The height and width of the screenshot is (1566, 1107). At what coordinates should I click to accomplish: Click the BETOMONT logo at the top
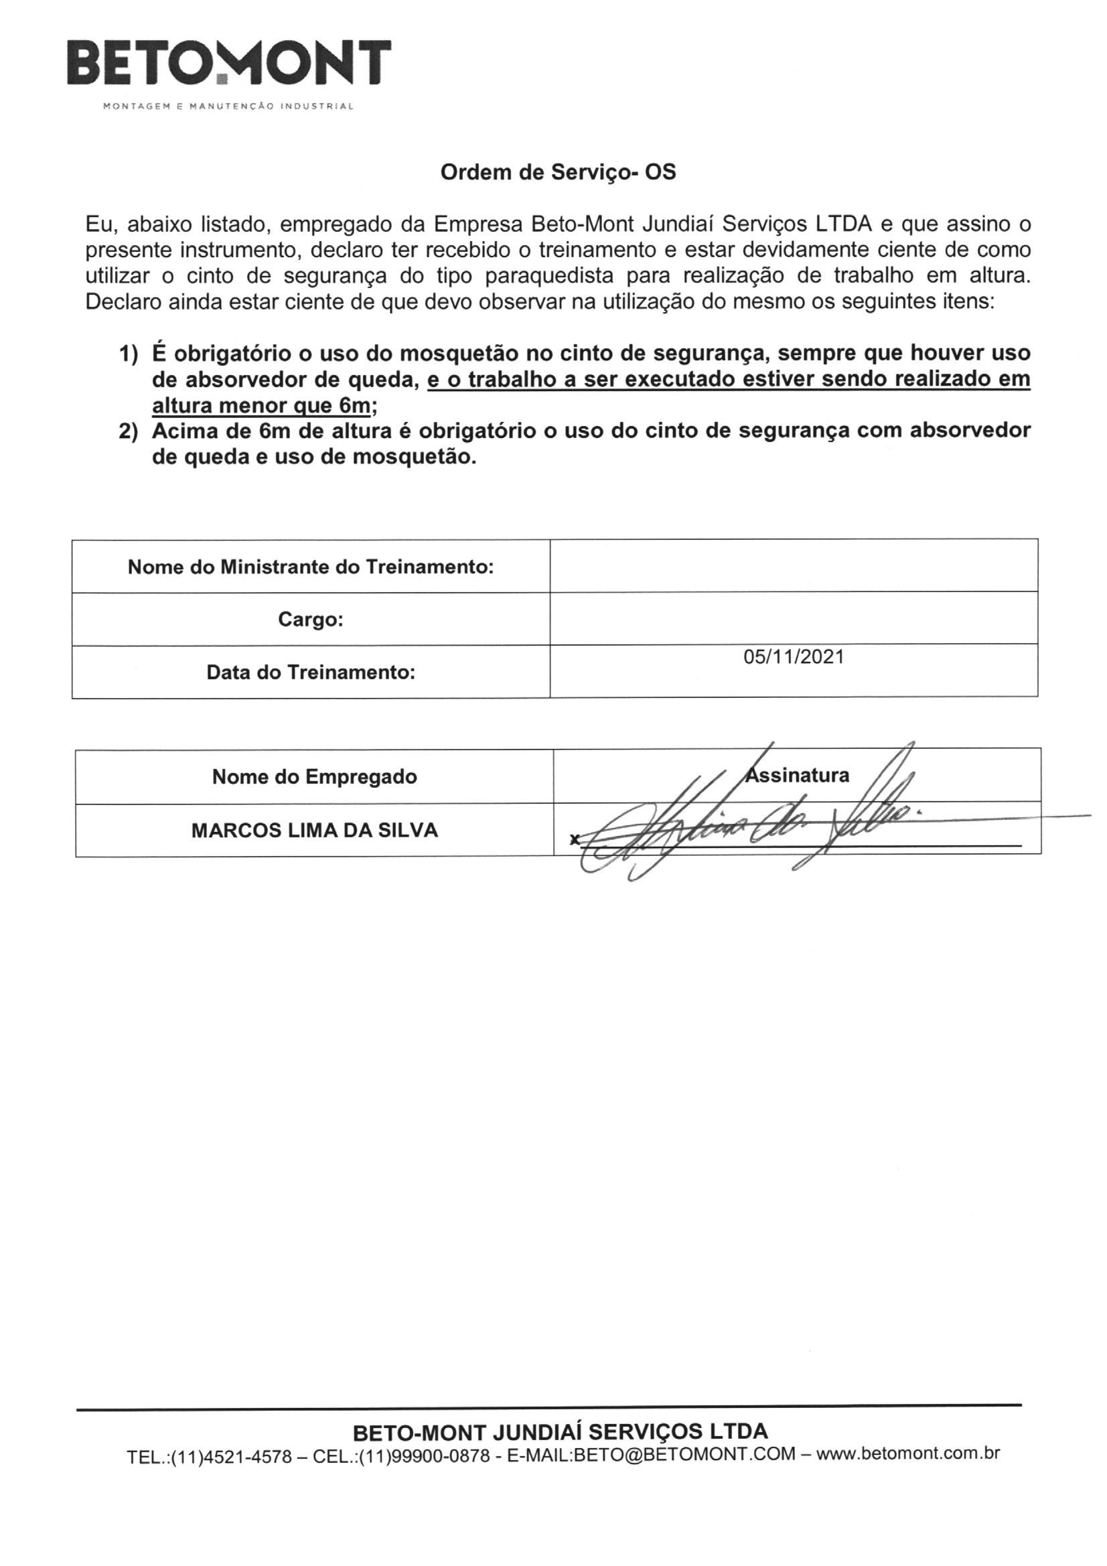tap(228, 63)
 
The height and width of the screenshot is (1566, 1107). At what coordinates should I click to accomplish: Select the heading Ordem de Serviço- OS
tap(558, 173)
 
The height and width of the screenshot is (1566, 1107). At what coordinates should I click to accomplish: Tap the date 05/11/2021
tap(793, 657)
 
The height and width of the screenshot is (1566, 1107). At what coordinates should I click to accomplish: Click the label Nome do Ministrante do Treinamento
tap(310, 567)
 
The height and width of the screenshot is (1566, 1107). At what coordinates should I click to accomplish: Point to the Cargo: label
tap(310, 620)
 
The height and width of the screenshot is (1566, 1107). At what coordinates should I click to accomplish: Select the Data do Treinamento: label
tap(310, 672)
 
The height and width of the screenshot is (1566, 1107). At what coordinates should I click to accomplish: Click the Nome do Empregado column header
tap(315, 776)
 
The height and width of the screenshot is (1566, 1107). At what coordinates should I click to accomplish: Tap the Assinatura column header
tap(798, 776)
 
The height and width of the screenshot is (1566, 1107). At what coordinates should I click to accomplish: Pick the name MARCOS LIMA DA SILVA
tap(315, 830)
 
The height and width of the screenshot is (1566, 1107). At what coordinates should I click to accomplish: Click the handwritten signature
tap(743, 829)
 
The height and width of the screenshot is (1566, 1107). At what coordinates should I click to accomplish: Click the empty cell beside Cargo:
tap(793, 619)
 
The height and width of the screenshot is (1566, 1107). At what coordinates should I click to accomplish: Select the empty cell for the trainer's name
tap(793, 565)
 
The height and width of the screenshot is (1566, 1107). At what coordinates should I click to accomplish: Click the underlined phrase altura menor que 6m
tap(261, 407)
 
